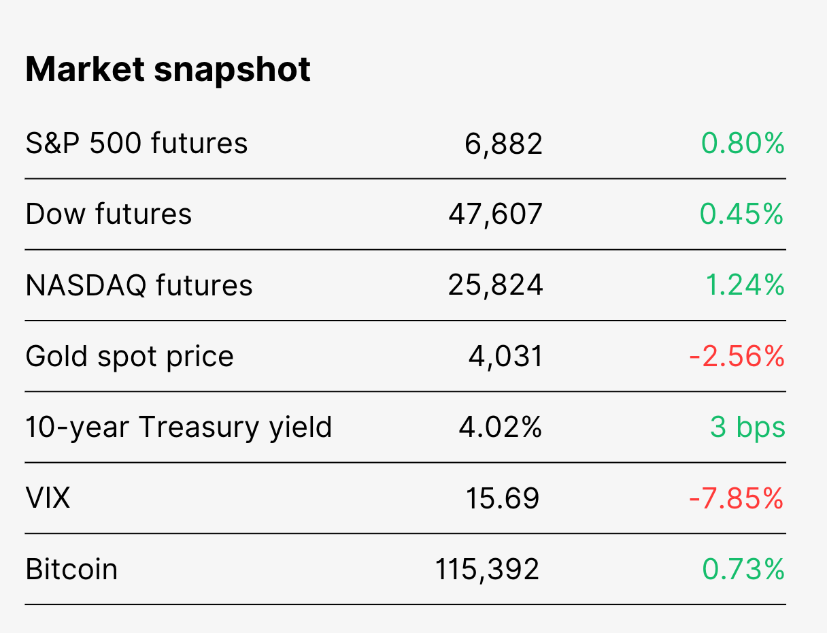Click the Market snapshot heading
pyautogui.click(x=168, y=69)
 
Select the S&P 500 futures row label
pyautogui.click(x=137, y=143)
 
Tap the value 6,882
pyautogui.click(x=503, y=145)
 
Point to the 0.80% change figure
pyautogui.click(x=743, y=143)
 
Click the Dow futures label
pyautogui.click(x=109, y=214)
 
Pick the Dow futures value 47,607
pyautogui.click(x=495, y=215)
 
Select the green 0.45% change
pyautogui.click(x=741, y=214)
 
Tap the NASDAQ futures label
pyautogui.click(x=139, y=285)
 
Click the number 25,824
pyautogui.click(x=495, y=286)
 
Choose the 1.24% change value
pyautogui.click(x=745, y=285)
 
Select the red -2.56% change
pyautogui.click(x=737, y=356)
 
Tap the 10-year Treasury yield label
pyautogui.click(x=179, y=428)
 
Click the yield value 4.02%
pyautogui.click(x=501, y=427)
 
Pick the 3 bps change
pyautogui.click(x=748, y=428)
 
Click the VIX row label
pyautogui.click(x=48, y=498)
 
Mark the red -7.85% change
pyautogui.click(x=737, y=498)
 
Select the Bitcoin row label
pyautogui.click(x=71, y=569)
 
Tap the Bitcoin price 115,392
pyautogui.click(x=487, y=570)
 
